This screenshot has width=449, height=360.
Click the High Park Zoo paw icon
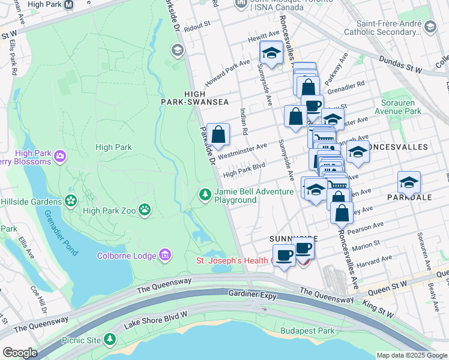coord(145,209)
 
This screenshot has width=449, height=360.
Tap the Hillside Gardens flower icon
coord(71,200)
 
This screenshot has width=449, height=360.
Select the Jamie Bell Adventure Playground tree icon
coord(205,194)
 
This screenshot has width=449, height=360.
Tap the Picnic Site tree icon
coord(109,340)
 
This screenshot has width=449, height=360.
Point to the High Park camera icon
coord(59,157)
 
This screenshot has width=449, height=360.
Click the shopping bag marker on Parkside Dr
coord(219,134)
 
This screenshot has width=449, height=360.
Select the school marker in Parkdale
coord(409,183)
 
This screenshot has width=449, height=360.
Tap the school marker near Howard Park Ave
coord(271,53)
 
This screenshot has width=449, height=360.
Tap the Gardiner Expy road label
coord(255,294)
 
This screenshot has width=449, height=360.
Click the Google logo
coord(19,353)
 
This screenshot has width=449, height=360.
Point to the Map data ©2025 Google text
coord(411,355)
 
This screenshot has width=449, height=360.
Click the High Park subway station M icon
coord(68,5)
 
